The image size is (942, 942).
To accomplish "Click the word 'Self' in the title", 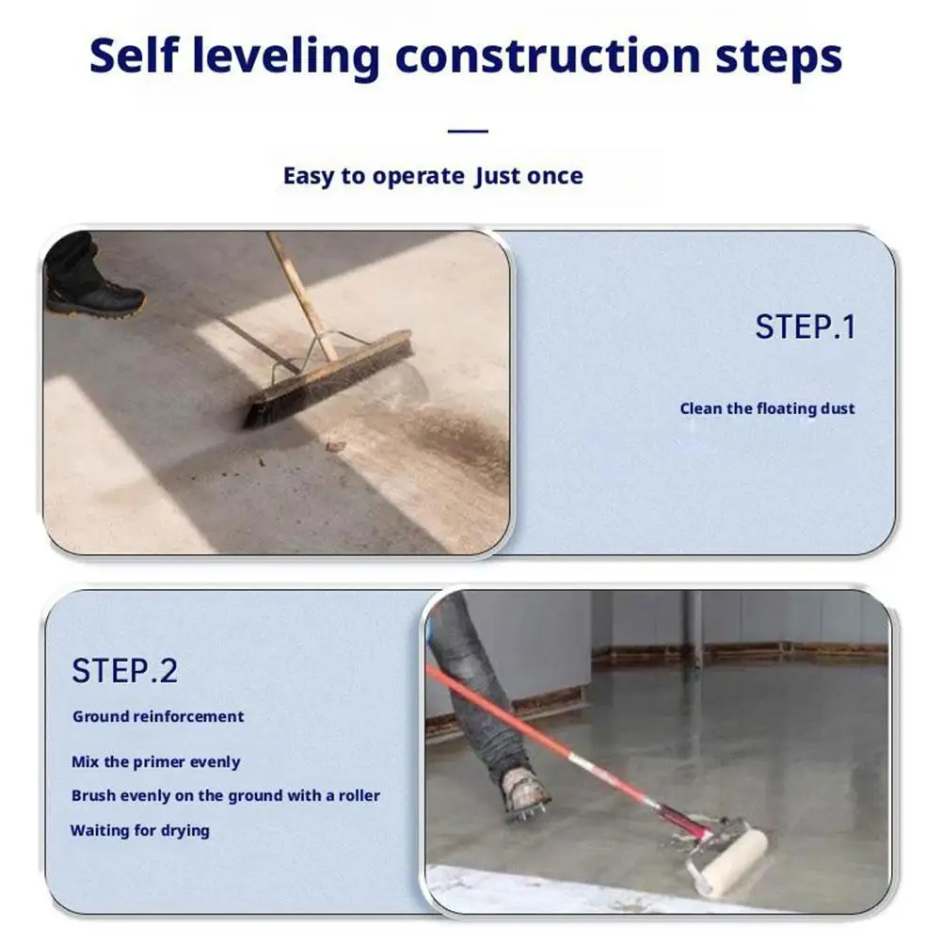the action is click(134, 55).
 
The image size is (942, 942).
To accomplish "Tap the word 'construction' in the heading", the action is click(548, 56).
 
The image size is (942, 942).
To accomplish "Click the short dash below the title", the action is click(468, 131).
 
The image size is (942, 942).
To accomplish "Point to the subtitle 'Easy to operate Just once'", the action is click(433, 176).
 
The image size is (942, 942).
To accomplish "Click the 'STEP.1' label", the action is click(805, 327).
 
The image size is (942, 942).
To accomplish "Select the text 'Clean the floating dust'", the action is click(767, 408).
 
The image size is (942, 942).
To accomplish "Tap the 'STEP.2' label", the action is click(124, 670).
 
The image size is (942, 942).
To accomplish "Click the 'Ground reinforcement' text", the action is click(158, 716).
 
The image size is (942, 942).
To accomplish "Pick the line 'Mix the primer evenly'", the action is click(155, 761).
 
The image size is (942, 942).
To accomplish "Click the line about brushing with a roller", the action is click(226, 795).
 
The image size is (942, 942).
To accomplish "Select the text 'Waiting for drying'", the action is click(140, 830).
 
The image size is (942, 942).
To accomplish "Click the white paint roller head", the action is click(728, 862).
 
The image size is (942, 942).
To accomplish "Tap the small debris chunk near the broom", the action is click(335, 446).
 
